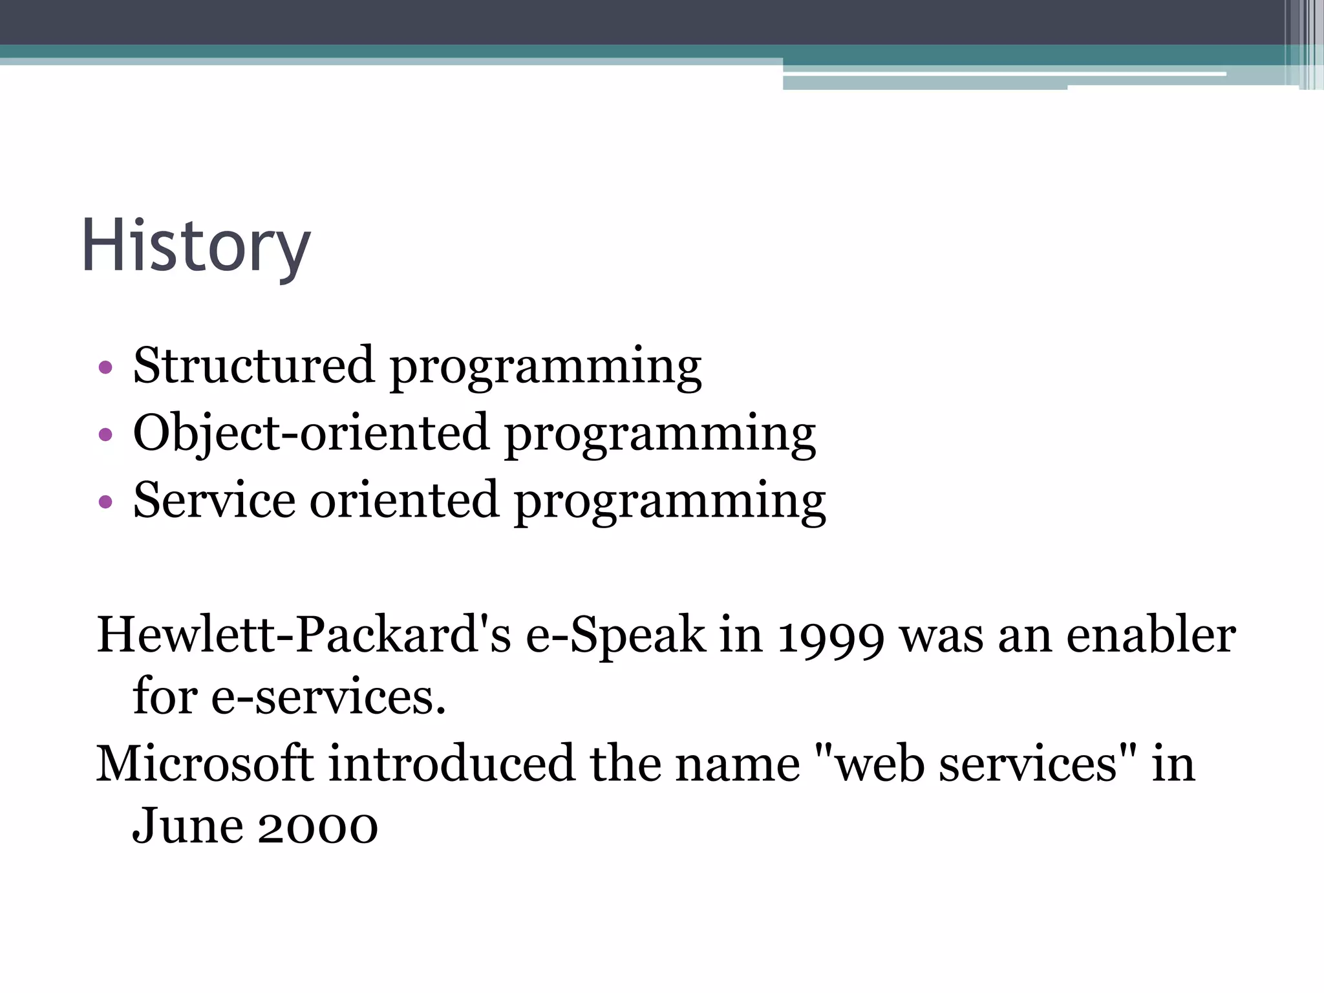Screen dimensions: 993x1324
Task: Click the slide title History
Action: (196, 247)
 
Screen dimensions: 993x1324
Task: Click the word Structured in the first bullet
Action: (253, 366)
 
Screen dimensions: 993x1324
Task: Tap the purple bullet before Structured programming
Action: (105, 368)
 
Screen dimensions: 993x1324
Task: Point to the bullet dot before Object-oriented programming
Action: (105, 435)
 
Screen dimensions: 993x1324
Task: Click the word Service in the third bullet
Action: (214, 500)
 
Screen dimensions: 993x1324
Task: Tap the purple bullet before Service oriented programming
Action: (105, 502)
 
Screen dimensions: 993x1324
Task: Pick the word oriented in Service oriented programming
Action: (404, 500)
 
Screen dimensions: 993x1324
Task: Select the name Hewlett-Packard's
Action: (304, 635)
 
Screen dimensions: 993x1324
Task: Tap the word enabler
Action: (1151, 635)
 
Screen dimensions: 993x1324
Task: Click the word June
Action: (187, 827)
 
